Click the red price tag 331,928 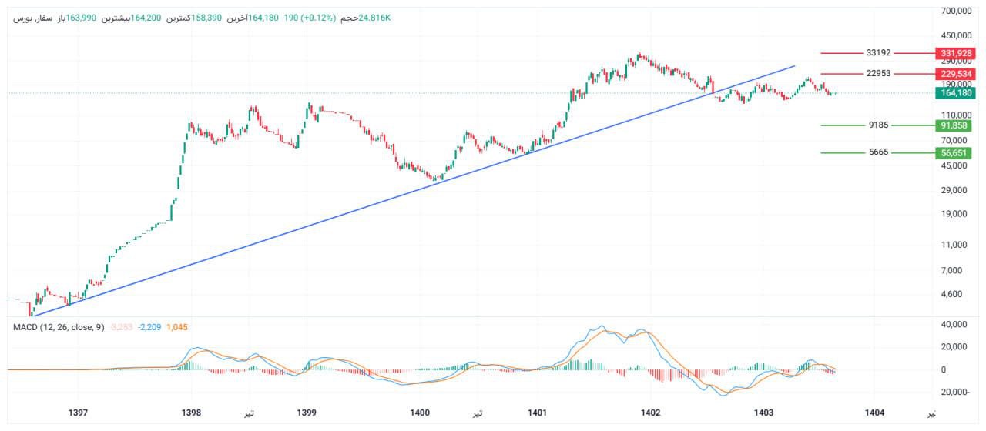955,53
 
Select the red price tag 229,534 955,74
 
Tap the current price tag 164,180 955,93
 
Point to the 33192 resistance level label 878,53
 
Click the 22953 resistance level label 878,74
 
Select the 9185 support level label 878,125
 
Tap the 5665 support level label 878,152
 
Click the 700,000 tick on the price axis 957,12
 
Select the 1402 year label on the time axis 651,413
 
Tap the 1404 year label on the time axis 875,413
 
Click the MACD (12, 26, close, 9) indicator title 59,328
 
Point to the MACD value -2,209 150,328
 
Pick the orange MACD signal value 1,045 178,328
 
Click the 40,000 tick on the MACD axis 956,325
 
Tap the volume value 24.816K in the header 375,17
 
